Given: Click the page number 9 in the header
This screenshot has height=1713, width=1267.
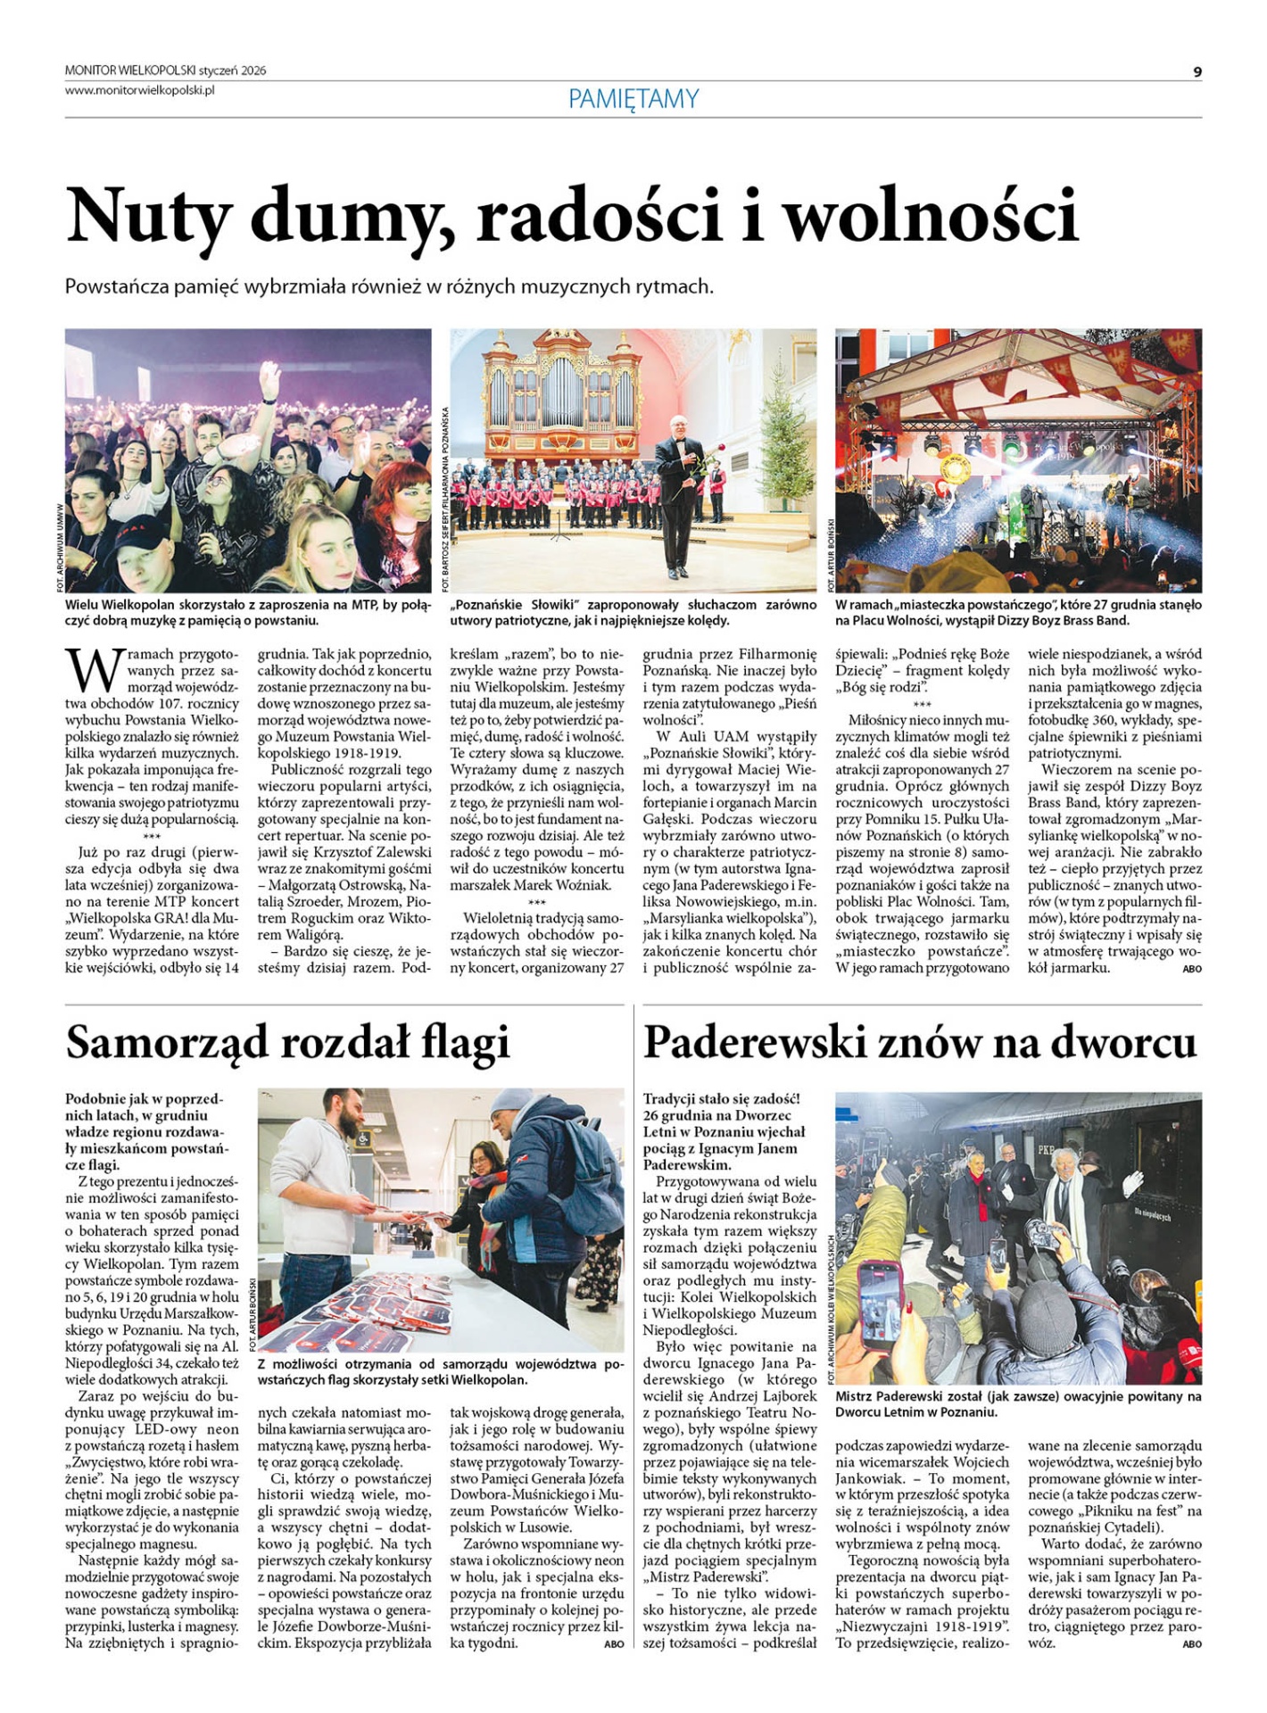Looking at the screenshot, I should tap(1197, 71).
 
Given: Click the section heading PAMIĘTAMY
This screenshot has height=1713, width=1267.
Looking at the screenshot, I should tap(633, 99).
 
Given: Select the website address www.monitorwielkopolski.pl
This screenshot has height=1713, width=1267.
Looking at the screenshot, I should tap(140, 90).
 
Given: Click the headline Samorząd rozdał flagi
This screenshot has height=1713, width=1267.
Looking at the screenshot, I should tap(287, 1041).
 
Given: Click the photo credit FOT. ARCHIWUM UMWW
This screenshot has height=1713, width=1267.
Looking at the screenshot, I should tap(61, 546).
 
